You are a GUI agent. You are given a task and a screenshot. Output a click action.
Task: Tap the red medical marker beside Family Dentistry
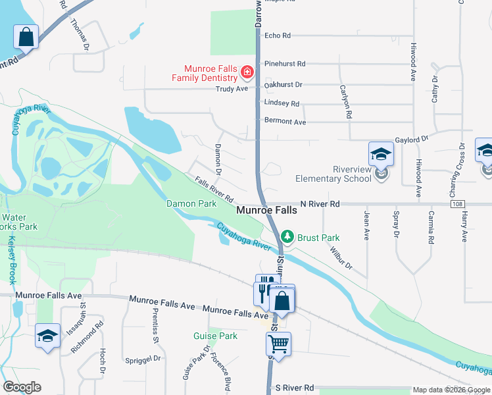[247, 71]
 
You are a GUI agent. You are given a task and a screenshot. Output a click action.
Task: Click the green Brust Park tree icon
[287, 236]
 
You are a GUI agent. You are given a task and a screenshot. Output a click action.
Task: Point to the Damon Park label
[191, 204]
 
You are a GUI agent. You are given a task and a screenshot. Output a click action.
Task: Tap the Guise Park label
[215, 336]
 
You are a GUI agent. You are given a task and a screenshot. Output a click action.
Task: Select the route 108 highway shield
[458, 205]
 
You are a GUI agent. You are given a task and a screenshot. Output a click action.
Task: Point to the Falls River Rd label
[214, 189]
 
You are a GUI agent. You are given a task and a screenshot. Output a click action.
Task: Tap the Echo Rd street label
[277, 36]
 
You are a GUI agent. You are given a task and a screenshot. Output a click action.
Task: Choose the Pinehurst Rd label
[285, 64]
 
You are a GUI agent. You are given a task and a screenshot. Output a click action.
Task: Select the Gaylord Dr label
[411, 140]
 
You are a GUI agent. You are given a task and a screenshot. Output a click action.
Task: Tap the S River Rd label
[295, 388]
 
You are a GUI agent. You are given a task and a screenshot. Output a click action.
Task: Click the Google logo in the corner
[22, 386]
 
